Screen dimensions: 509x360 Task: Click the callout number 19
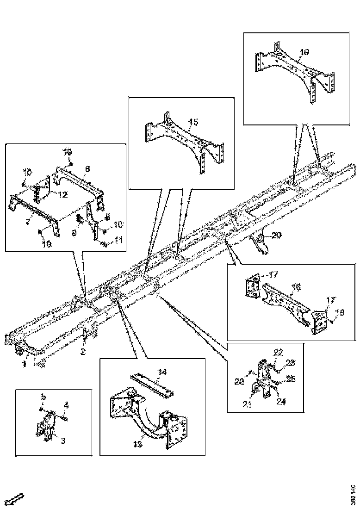tap(304, 52)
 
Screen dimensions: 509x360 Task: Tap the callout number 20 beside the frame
tap(276, 235)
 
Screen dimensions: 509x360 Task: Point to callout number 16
tap(296, 287)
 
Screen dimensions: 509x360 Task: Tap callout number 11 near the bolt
tap(118, 240)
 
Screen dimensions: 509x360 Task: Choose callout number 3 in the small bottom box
tap(63, 441)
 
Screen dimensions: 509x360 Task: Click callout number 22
tap(277, 353)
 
